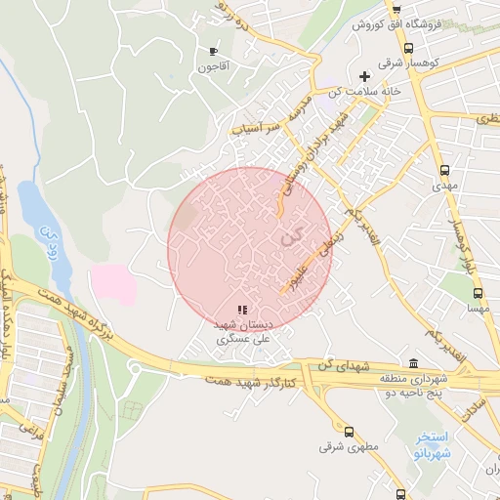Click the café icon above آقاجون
pos(213,51)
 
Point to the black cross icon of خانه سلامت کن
pos(365,76)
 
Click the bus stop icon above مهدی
pos(445,167)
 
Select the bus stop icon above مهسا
pos(478,291)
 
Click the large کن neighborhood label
pos(290,235)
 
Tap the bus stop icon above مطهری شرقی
pos(349,430)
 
